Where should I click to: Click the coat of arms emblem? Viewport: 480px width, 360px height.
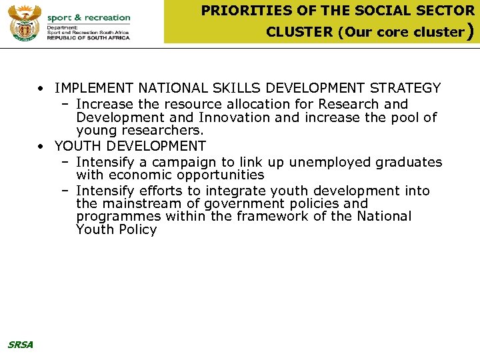(x=25, y=23)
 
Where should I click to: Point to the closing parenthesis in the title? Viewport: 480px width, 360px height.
(x=471, y=31)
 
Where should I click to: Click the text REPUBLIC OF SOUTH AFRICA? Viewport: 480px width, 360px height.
(x=88, y=38)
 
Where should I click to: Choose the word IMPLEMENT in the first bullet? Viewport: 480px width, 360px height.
(x=94, y=88)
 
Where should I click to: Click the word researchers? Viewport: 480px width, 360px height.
(x=164, y=131)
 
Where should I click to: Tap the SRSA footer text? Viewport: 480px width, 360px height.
(x=20, y=345)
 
